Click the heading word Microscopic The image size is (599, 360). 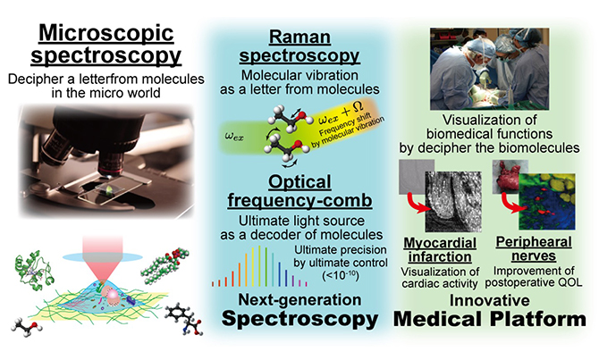coord(106,33)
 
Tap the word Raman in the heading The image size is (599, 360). coord(299,37)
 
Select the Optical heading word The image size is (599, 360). coord(299,182)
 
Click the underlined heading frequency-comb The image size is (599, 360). coord(299,200)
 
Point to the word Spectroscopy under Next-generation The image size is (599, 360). coord(299,319)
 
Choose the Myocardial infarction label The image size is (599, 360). coord(440,250)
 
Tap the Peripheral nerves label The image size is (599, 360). coord(534,249)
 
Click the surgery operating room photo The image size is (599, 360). coord(489,69)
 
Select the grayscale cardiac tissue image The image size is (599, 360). coord(453,202)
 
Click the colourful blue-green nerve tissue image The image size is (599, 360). coord(546,201)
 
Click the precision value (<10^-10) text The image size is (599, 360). coord(341,275)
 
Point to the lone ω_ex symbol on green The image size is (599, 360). coord(234,137)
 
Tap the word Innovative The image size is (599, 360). coord(489,300)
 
